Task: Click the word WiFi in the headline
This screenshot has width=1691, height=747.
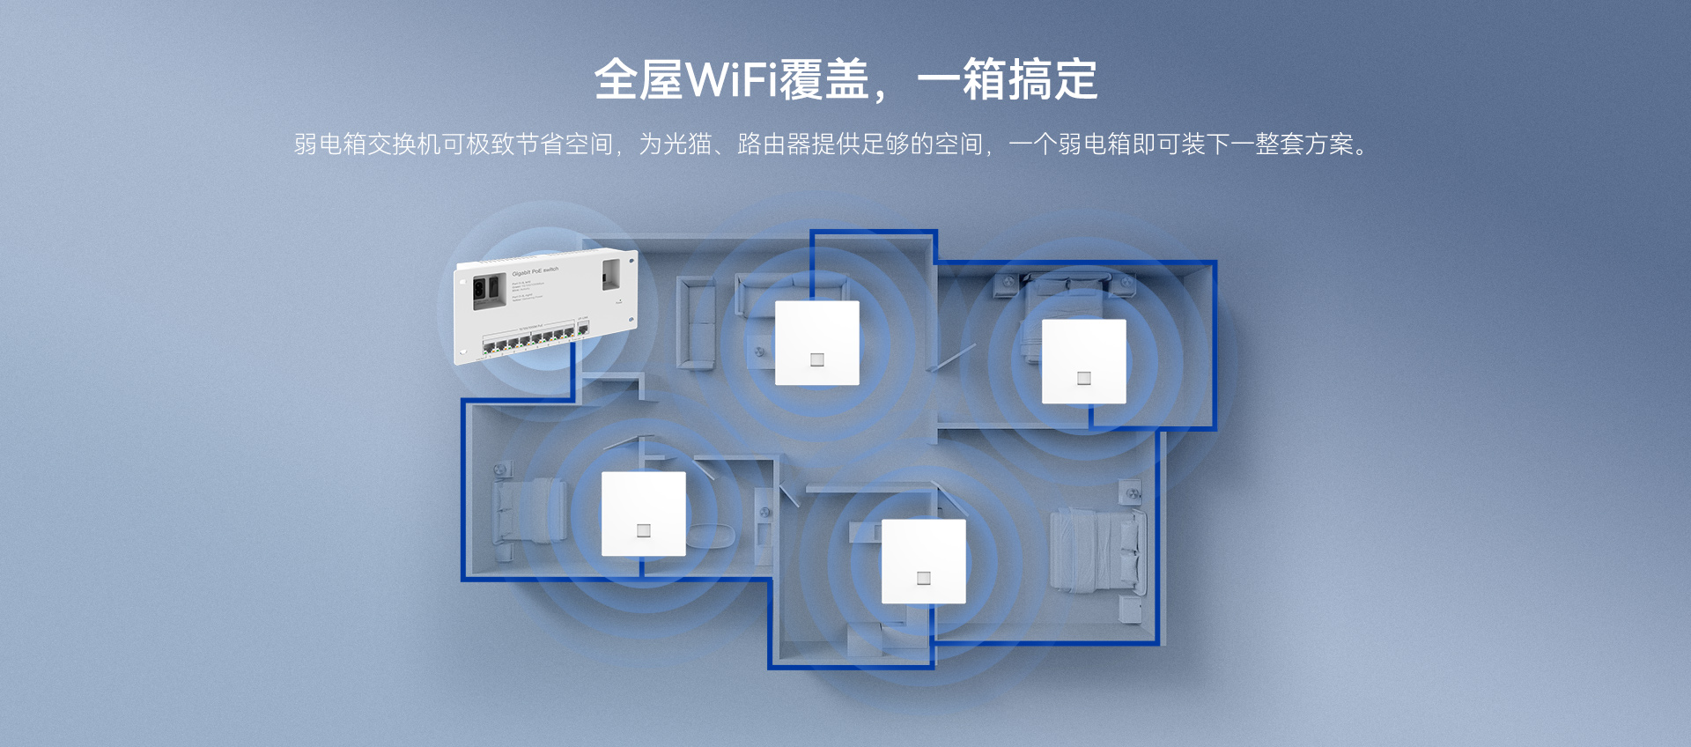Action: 731,80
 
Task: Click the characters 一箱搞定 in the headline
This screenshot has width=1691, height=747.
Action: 1008,80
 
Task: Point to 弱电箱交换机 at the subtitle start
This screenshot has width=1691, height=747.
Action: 367,144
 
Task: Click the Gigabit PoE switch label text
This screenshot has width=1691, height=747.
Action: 535,271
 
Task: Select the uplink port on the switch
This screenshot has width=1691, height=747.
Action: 582,329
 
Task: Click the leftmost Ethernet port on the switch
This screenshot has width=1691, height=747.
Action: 489,347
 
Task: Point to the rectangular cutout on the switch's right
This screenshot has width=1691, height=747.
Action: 612,274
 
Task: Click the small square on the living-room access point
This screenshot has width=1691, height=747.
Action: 817,359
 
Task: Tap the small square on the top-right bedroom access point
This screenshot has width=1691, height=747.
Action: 1084,378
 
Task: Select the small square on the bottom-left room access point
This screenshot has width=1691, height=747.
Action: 644,530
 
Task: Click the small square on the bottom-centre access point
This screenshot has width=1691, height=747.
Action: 924,578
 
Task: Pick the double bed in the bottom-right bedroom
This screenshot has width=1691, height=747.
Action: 1097,550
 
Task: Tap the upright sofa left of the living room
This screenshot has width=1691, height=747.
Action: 696,322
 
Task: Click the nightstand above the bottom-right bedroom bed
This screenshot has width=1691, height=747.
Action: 1129,491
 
